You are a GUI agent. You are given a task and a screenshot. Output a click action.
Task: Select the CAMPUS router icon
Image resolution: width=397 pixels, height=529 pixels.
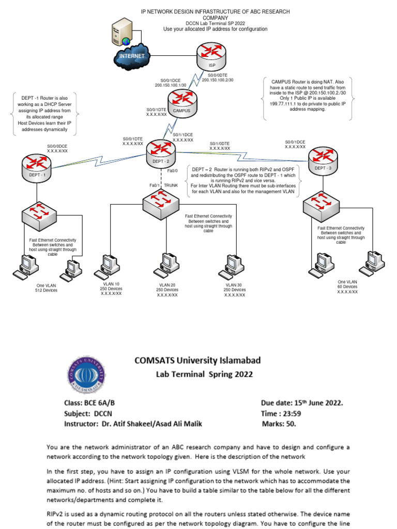click(181, 103)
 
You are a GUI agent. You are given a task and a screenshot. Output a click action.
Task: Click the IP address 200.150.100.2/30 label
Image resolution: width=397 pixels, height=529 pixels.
click(218, 80)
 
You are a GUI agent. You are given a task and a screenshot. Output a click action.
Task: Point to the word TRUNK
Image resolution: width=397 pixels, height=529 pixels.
click(171, 185)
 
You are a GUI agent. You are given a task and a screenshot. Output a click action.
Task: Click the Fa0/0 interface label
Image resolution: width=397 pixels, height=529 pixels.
click(173, 170)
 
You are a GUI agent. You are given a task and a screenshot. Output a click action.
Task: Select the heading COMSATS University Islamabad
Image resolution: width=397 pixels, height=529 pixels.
click(198, 360)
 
